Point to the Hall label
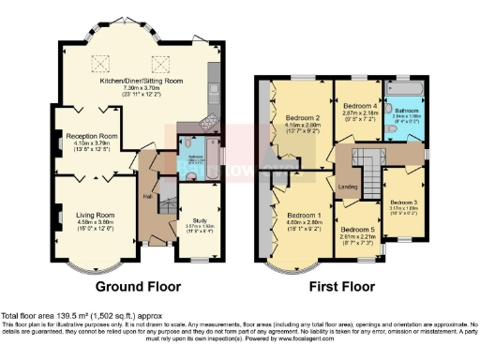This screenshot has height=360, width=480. click(147, 197)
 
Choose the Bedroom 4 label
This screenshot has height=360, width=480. click(361, 106)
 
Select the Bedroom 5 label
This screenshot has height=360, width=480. click(357, 230)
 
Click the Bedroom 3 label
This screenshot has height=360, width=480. click(404, 202)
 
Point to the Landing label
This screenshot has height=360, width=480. click(347, 187)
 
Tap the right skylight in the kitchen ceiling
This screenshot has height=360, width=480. click(160, 63)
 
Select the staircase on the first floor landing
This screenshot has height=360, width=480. click(368, 172)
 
